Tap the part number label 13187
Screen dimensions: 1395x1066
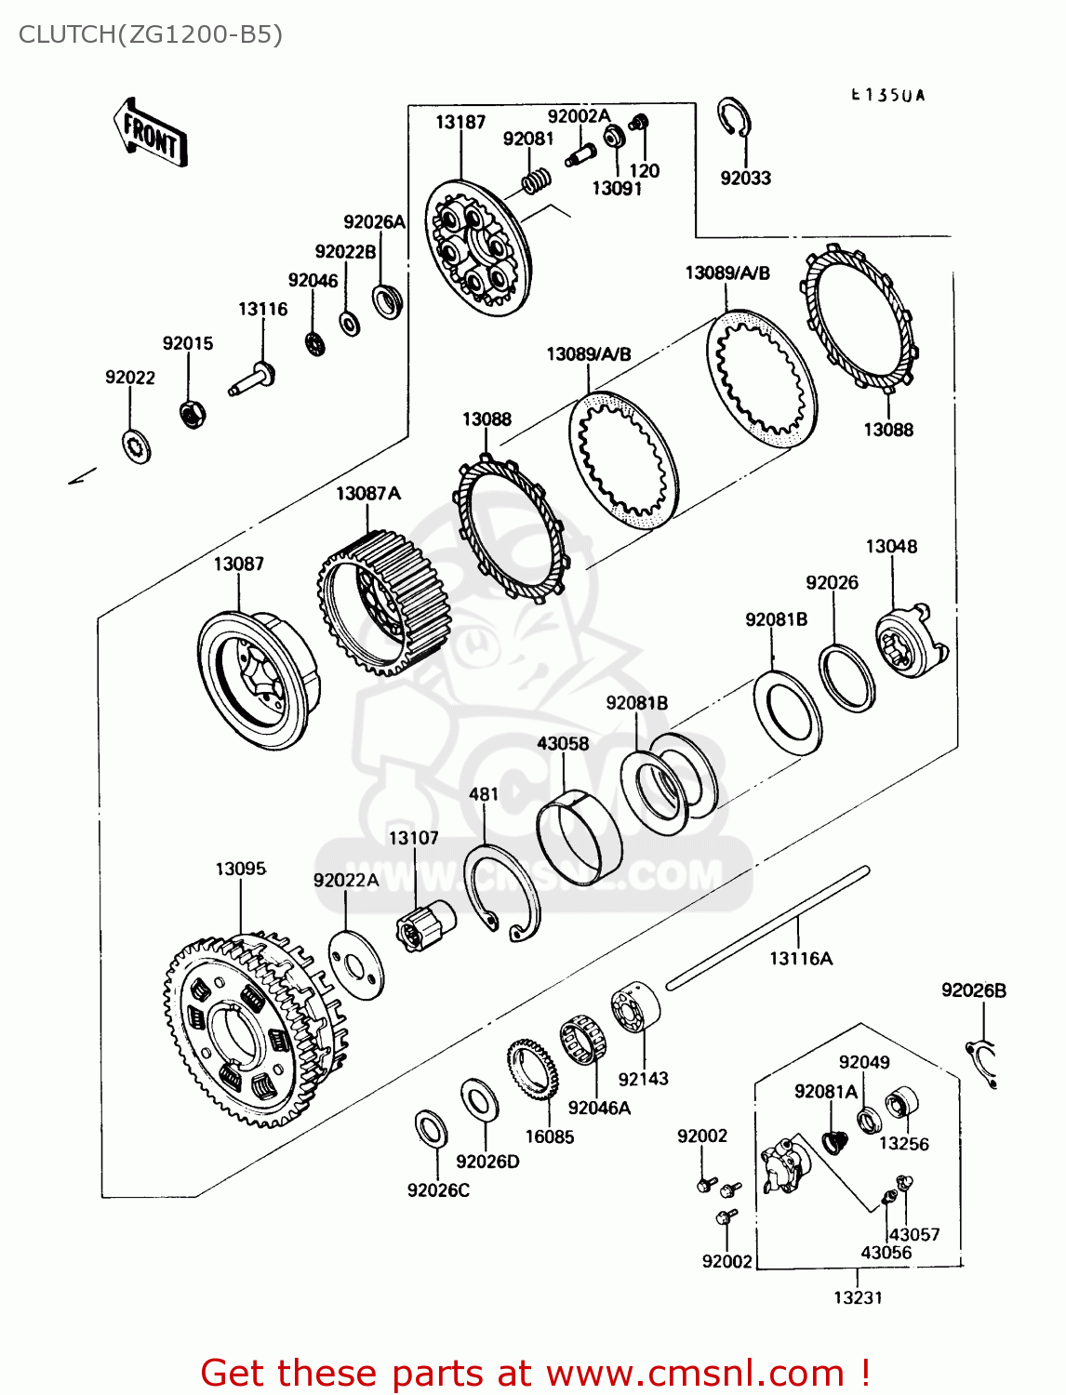(x=460, y=122)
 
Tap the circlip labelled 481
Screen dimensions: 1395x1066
(x=503, y=893)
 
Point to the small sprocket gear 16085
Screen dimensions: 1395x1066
(x=531, y=1070)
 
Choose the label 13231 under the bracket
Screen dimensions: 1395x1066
(x=857, y=1297)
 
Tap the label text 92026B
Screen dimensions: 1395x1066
(x=973, y=990)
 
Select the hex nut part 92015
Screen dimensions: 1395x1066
(x=192, y=414)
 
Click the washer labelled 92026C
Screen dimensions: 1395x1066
(x=432, y=1128)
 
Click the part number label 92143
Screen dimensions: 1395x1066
(x=643, y=1079)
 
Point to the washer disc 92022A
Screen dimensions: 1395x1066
(x=356, y=963)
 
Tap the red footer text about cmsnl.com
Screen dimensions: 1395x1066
(x=535, y=1373)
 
